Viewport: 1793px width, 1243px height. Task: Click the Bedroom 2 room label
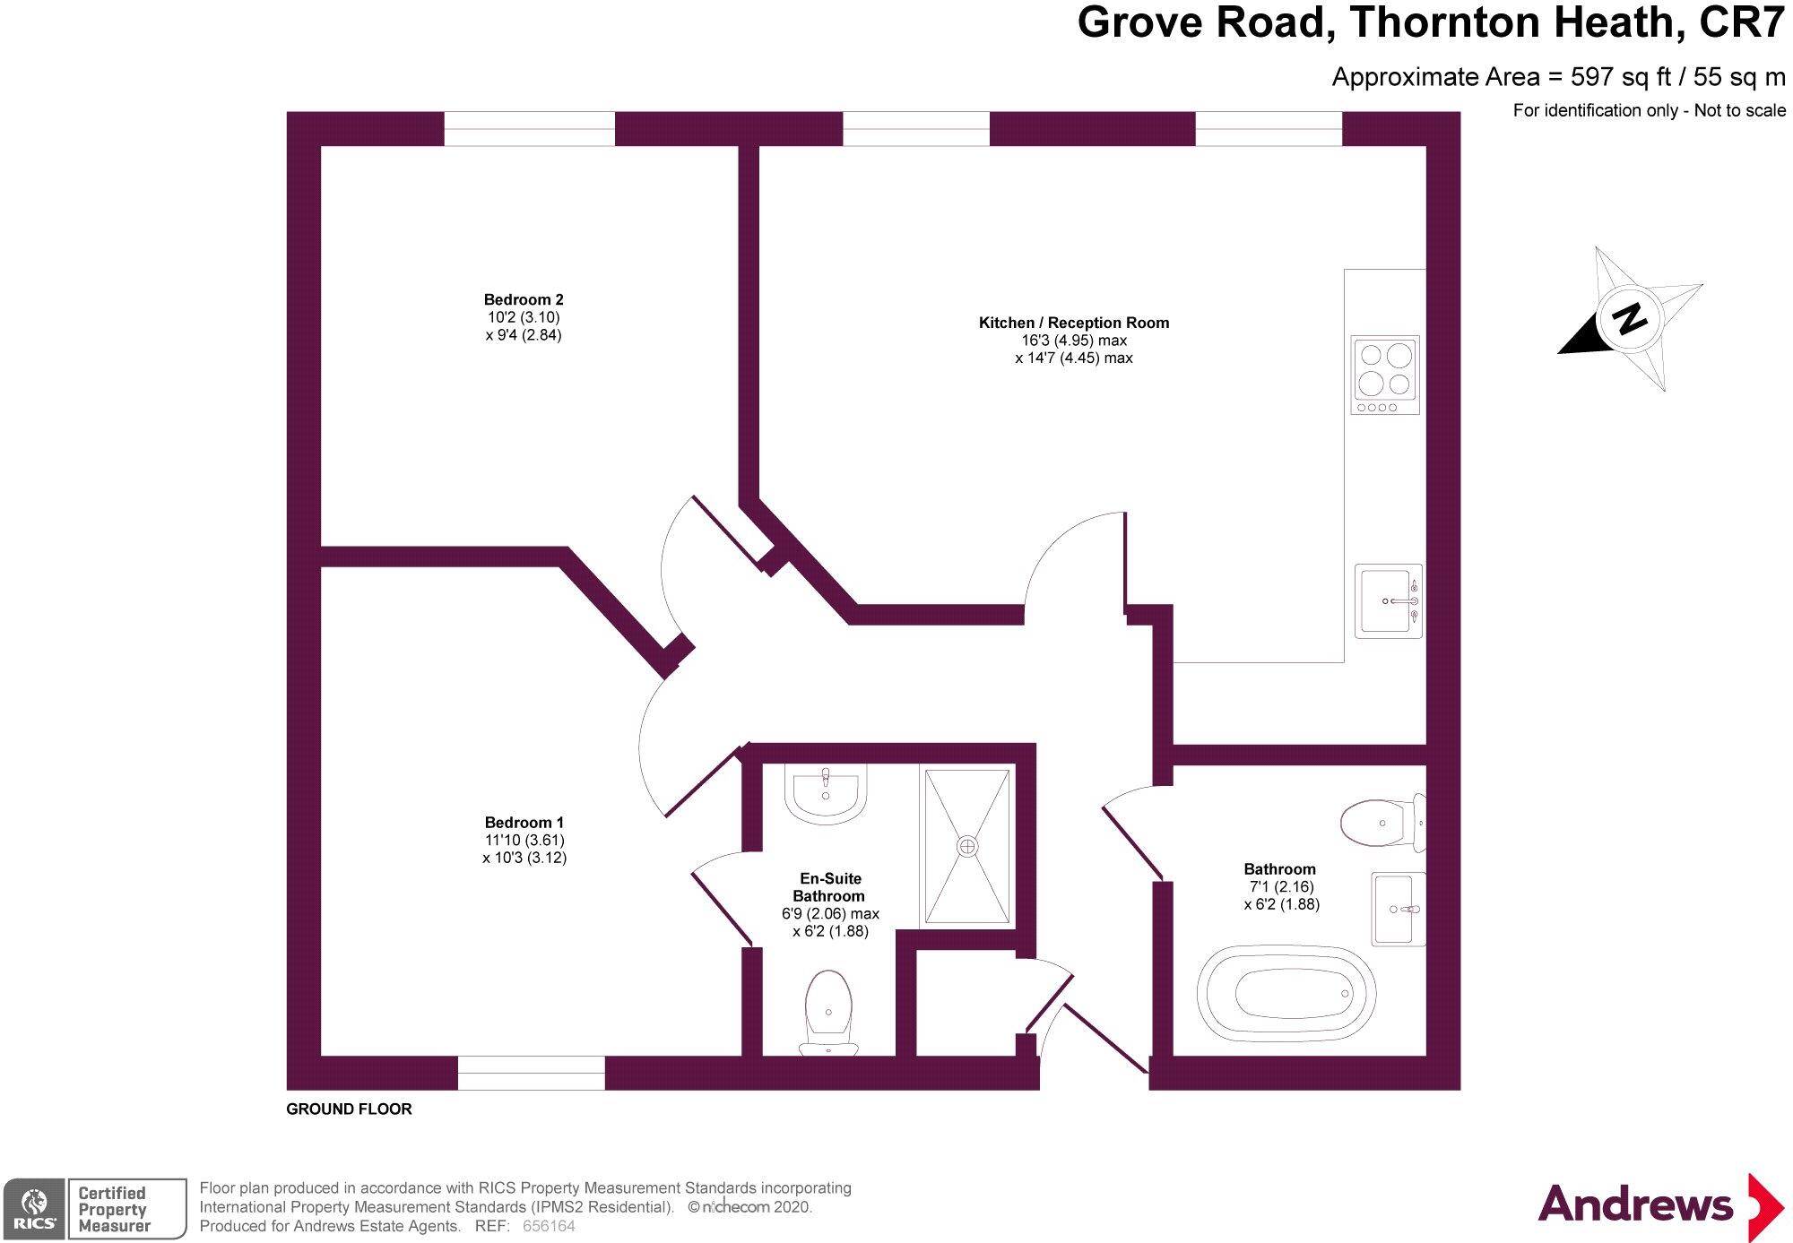(x=524, y=300)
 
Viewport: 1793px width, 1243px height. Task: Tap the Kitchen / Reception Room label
(x=1073, y=323)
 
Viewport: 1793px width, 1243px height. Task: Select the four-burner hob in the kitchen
(x=1385, y=375)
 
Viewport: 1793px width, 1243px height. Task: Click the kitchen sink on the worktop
(x=1388, y=600)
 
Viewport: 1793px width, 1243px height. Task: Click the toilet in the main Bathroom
(x=1381, y=822)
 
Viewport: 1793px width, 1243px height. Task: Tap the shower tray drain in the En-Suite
(x=967, y=846)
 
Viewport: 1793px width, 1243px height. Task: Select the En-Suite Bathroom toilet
(x=828, y=1010)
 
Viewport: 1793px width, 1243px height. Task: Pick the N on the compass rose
(x=1629, y=318)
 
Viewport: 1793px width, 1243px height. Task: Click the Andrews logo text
(x=1635, y=1204)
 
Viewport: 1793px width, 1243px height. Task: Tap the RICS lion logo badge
(x=34, y=1209)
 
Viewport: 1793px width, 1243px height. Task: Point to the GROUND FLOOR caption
(x=349, y=1109)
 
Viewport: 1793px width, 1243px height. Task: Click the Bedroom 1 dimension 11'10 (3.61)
(x=524, y=841)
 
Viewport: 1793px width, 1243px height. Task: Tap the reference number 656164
(x=549, y=1226)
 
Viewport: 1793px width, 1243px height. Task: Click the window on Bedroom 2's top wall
(x=530, y=129)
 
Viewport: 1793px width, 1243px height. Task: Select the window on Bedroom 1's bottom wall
(x=532, y=1073)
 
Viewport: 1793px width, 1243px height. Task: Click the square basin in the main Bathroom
(x=1399, y=909)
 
